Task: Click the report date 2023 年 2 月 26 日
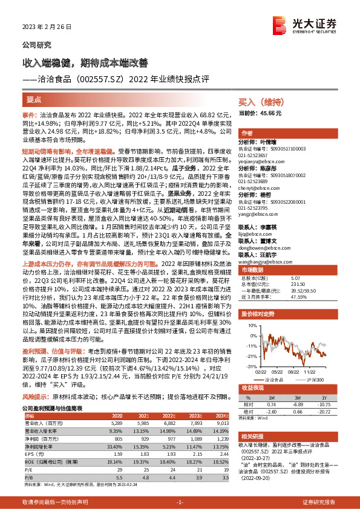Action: click(x=42, y=28)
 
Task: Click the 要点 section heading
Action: click(x=34, y=98)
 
